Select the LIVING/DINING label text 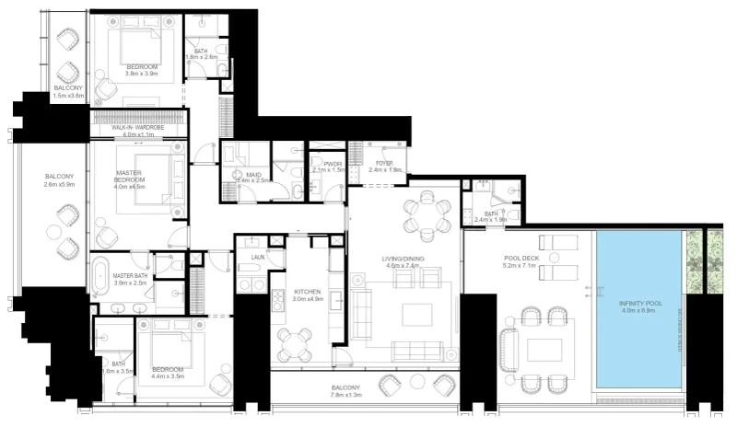(403, 259)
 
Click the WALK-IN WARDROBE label (140, 127)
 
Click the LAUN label (257, 259)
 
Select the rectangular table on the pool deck (544, 351)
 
